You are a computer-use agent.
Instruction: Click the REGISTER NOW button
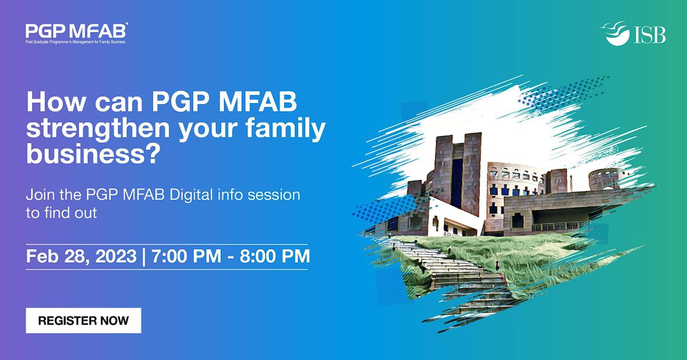tap(83, 321)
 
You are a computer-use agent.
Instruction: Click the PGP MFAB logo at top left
tap(76, 30)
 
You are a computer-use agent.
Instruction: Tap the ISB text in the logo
tap(650, 35)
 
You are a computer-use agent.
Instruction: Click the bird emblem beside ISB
tap(617, 33)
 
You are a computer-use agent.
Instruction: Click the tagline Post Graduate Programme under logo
tap(75, 42)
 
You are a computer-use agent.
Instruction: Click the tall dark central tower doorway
tap(457, 183)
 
